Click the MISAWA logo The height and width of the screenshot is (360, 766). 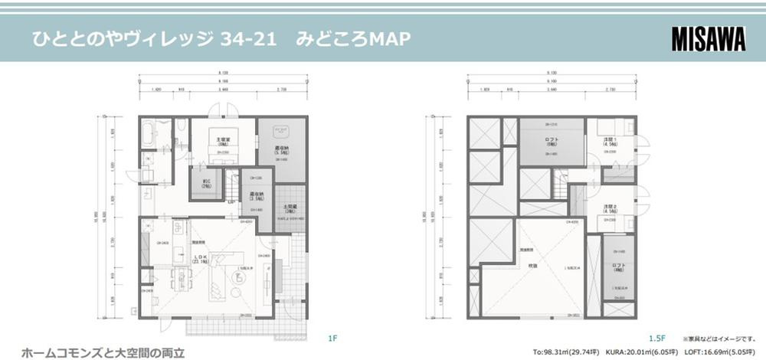(x=709, y=38)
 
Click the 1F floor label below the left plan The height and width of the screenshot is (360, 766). (x=332, y=337)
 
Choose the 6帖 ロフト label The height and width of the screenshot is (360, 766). (x=553, y=140)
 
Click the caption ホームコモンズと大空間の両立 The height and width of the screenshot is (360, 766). (x=103, y=353)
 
